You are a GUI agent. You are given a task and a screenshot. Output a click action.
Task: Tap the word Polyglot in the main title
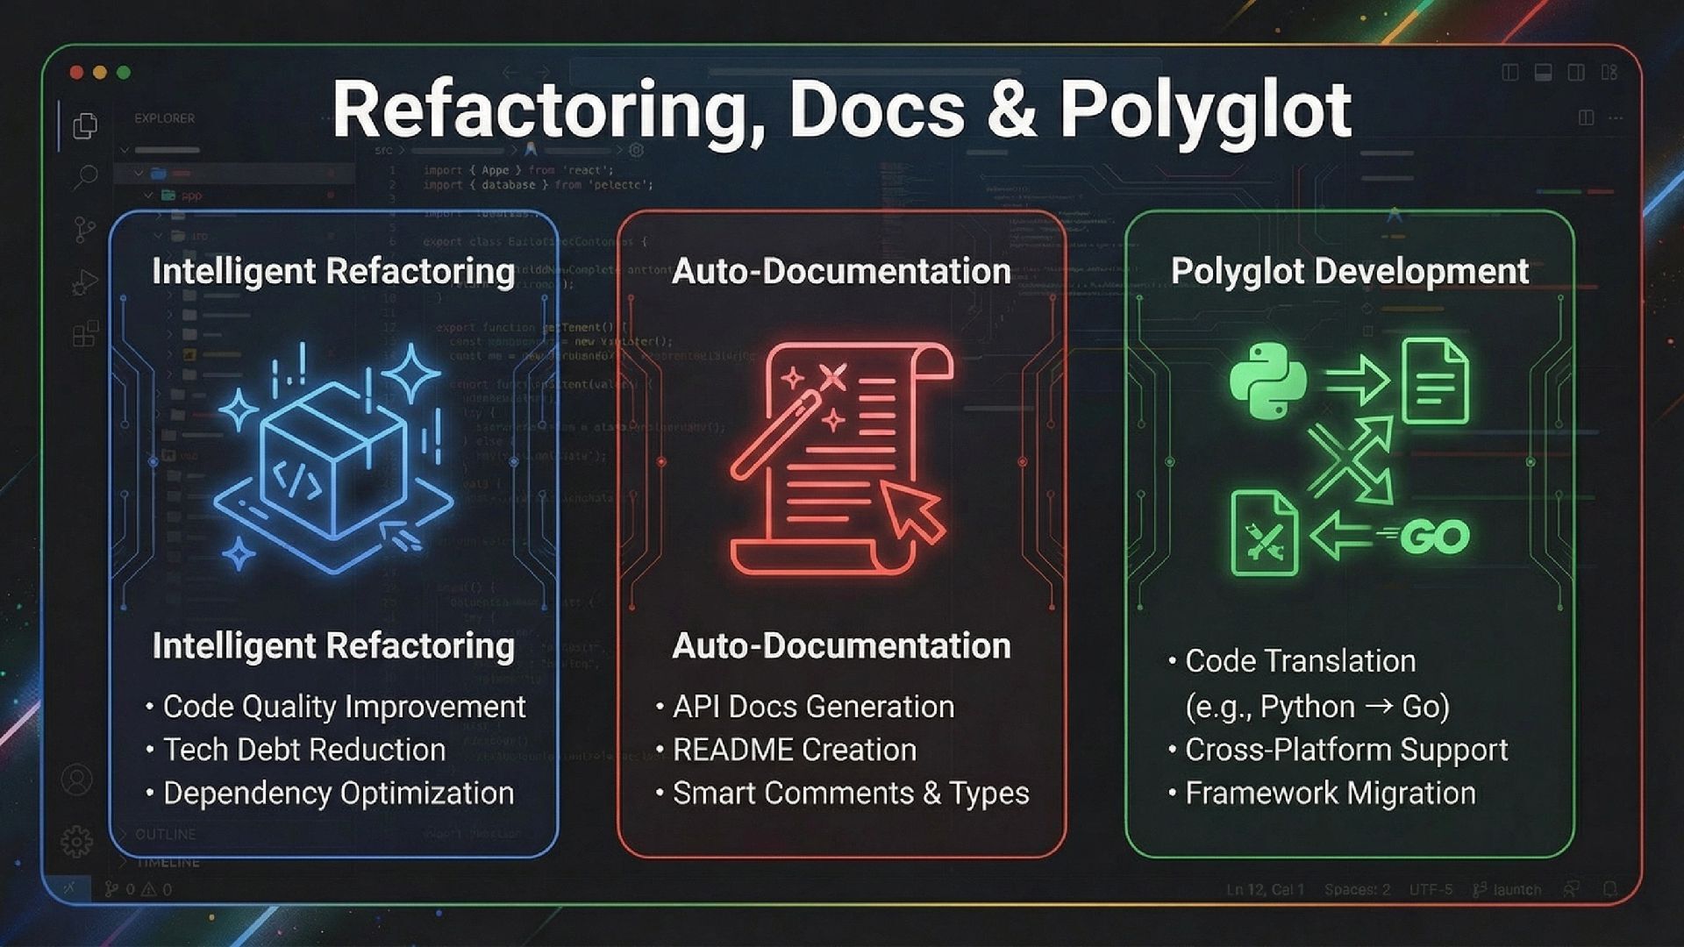pyautogui.click(x=1205, y=111)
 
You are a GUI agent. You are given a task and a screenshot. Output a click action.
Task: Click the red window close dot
pyautogui.click(x=77, y=73)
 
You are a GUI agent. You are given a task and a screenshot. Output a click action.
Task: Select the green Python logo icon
pyautogui.click(x=1267, y=381)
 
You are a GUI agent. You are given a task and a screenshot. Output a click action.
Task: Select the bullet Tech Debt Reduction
pyautogui.click(x=303, y=750)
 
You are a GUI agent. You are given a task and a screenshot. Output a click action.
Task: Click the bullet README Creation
pyautogui.click(x=794, y=750)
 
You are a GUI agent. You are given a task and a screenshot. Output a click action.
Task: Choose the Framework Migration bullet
pyautogui.click(x=1330, y=794)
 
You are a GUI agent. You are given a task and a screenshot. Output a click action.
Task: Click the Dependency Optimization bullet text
pyautogui.click(x=338, y=794)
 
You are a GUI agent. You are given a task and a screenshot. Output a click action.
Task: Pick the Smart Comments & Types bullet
pyautogui.click(x=850, y=794)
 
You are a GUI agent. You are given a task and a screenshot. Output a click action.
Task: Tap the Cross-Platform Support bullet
pyautogui.click(x=1345, y=750)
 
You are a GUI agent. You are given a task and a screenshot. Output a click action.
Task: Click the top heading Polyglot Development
pyautogui.click(x=1349, y=271)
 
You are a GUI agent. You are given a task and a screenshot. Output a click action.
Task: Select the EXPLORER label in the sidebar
pyautogui.click(x=165, y=118)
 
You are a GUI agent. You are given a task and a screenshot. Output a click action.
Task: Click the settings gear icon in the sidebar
pyautogui.click(x=77, y=842)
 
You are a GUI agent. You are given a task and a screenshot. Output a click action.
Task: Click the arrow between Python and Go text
pyautogui.click(x=1379, y=706)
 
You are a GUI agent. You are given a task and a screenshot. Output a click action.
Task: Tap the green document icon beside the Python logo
pyautogui.click(x=1435, y=381)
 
